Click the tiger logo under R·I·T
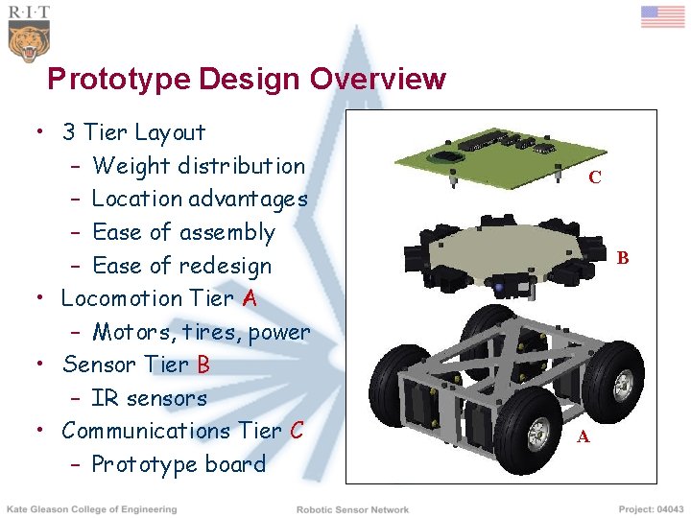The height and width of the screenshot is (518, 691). coord(29,41)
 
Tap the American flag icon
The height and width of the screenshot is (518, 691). coord(662,17)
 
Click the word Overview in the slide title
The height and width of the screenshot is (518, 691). coord(377,79)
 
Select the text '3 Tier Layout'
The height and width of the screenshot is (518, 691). coord(133,132)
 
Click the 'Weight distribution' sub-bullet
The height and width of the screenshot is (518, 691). coord(199,166)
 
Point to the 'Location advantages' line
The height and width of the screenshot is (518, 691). coord(200,200)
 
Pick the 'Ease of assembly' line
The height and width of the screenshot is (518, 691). coord(183,232)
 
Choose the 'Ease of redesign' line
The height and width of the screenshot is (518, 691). coord(181,266)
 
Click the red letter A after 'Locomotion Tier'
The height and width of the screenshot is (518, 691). coord(250,298)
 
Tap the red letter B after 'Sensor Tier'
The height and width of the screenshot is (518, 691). coord(203,365)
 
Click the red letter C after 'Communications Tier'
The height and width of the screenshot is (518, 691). coord(296,431)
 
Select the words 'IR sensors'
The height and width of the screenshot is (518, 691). coord(149,398)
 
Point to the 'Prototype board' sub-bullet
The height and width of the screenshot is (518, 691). coord(179,464)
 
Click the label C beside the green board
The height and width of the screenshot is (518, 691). coord(595,177)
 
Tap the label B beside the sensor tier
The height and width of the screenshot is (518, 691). coord(623,258)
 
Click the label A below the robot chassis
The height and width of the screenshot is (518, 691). coord(584,438)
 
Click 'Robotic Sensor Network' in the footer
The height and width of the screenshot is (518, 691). coord(352,509)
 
